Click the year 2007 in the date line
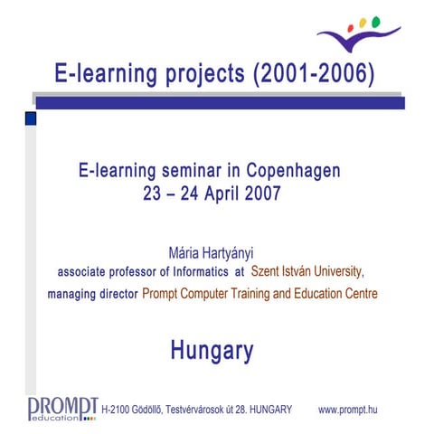tap(261, 193)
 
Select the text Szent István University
tap(307, 269)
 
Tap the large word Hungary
tap(212, 350)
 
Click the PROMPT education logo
tap(62, 407)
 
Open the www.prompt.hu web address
tap(348, 410)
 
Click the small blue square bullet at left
tap(30, 118)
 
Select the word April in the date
tap(222, 193)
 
